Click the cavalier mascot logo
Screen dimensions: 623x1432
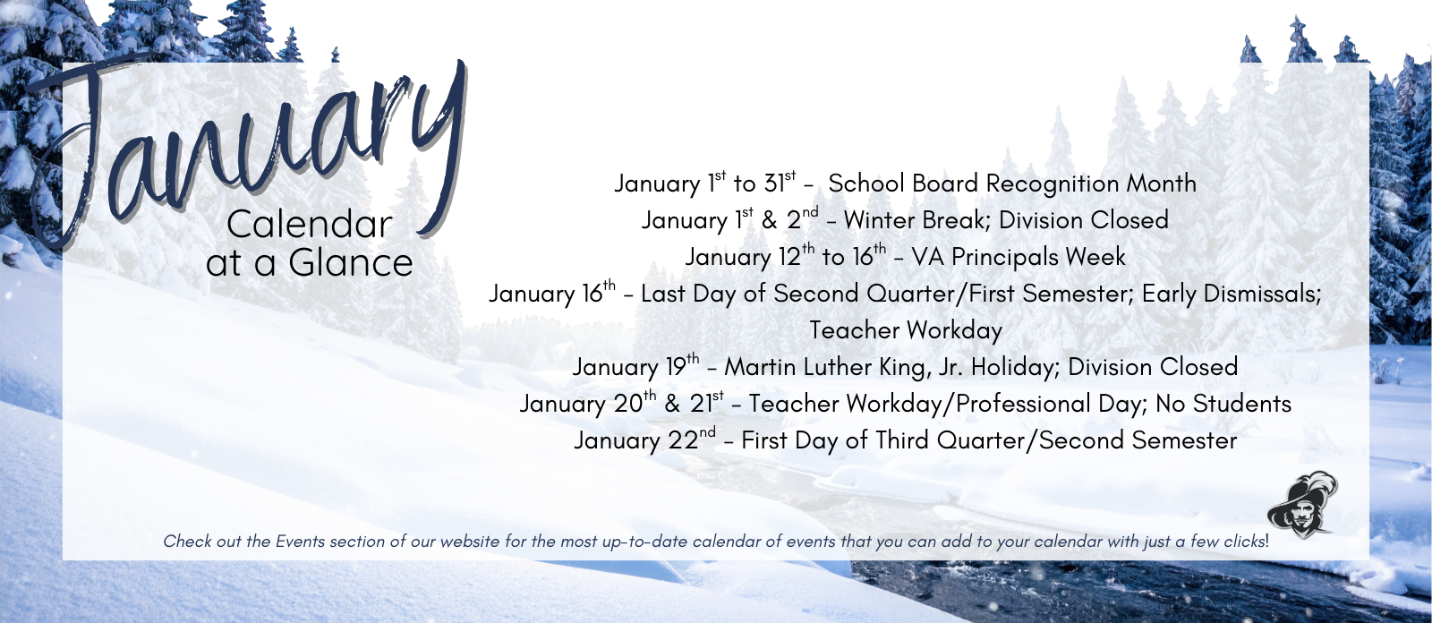click(x=1302, y=505)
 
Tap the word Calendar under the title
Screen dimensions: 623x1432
click(x=310, y=225)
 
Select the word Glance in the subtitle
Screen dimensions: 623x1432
click(x=351, y=263)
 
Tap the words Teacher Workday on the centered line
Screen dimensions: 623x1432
click(x=906, y=330)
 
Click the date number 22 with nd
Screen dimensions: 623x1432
click(x=686, y=440)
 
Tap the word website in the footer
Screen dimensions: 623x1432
click(x=470, y=541)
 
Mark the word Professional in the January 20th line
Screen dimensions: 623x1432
click(x=1023, y=404)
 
